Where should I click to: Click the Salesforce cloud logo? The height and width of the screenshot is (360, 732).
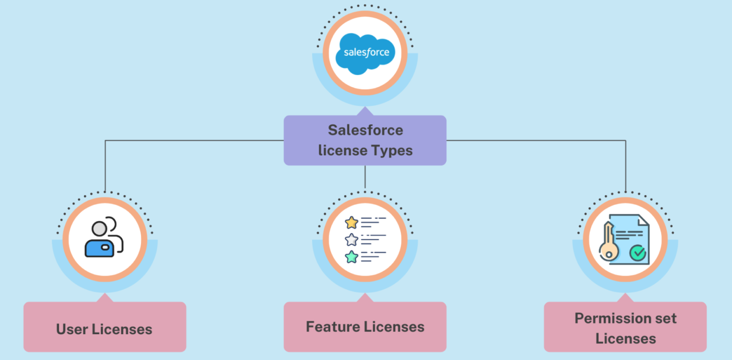366,52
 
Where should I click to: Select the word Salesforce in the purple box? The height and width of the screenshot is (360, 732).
365,130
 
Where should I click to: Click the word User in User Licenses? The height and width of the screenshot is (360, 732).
72,329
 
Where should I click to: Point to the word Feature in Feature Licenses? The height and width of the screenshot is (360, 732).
333,327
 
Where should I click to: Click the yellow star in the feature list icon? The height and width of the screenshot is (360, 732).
351,222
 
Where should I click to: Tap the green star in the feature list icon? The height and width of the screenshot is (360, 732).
351,257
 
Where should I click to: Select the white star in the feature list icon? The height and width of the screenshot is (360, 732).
351,239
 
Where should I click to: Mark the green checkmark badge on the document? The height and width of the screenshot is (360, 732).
637,253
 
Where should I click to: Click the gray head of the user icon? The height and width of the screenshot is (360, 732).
99,228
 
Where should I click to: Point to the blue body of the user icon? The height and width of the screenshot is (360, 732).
99,247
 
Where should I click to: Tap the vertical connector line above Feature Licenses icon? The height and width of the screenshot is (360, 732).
365,176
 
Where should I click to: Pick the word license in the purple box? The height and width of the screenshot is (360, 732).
341,151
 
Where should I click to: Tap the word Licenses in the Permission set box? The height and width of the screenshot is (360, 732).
625,339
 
